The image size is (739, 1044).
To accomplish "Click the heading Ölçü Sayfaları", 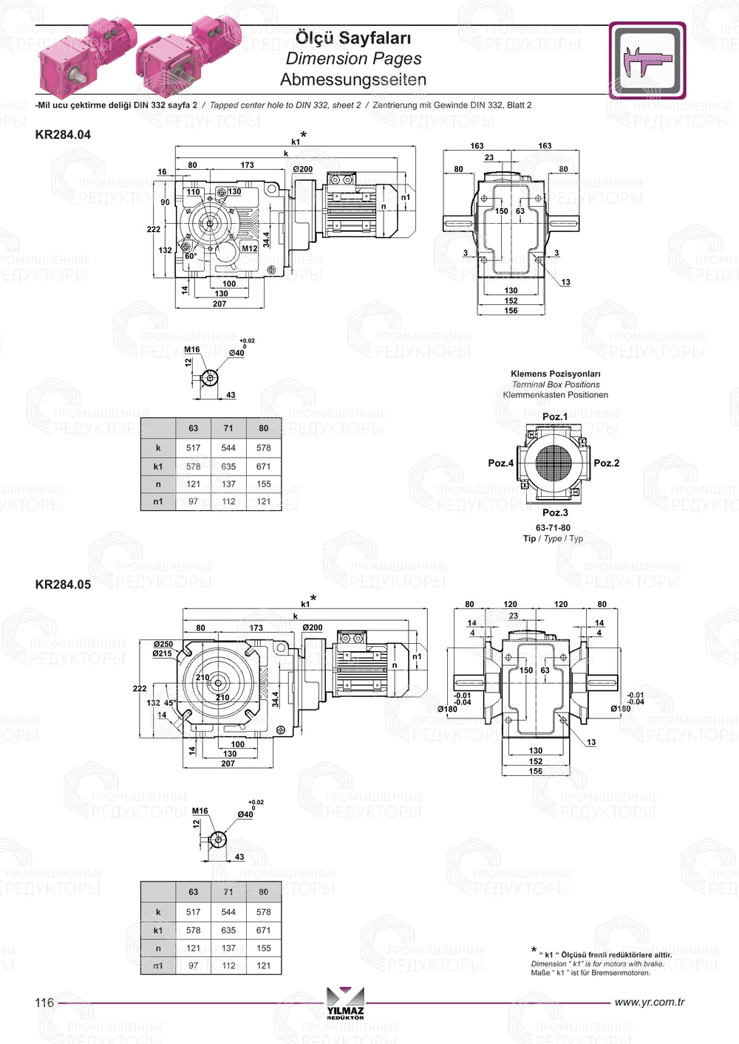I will (353, 38).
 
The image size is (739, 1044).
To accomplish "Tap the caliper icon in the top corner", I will (647, 61).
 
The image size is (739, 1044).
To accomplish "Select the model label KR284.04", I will (63, 134).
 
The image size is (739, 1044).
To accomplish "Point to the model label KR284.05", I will (63, 584).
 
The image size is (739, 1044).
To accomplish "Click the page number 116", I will (44, 1002).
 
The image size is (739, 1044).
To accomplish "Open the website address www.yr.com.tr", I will (649, 1002).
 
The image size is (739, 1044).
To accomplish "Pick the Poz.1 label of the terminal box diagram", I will (555, 416).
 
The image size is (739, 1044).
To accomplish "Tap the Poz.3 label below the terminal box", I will (555, 512).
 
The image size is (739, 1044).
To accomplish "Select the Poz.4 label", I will (500, 463).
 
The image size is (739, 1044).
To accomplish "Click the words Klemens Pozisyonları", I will (555, 374).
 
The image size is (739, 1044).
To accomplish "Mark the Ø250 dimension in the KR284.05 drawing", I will (163, 644).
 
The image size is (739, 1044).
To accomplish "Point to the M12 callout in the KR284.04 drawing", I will (250, 248).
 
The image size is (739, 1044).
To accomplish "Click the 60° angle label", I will (191, 256).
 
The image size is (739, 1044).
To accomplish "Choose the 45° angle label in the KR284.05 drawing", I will (169, 703).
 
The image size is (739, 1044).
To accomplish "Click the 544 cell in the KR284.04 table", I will (228, 447).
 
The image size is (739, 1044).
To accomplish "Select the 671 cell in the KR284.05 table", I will (263, 930).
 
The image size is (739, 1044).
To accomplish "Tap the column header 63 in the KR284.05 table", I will (193, 891).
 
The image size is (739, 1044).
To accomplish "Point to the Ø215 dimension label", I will (163, 653).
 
